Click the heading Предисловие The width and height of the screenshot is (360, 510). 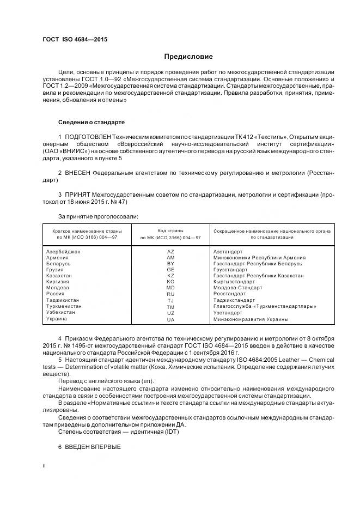point(188,57)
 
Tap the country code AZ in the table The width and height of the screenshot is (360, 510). point(170,251)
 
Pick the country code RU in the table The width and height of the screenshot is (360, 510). point(170,294)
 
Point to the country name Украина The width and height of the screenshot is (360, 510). point(56,319)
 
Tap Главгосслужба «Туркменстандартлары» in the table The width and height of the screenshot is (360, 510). point(265,306)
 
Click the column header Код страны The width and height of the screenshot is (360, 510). point(170,231)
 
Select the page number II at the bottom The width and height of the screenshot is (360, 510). point(45,466)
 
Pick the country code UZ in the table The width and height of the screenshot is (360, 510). point(170,312)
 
